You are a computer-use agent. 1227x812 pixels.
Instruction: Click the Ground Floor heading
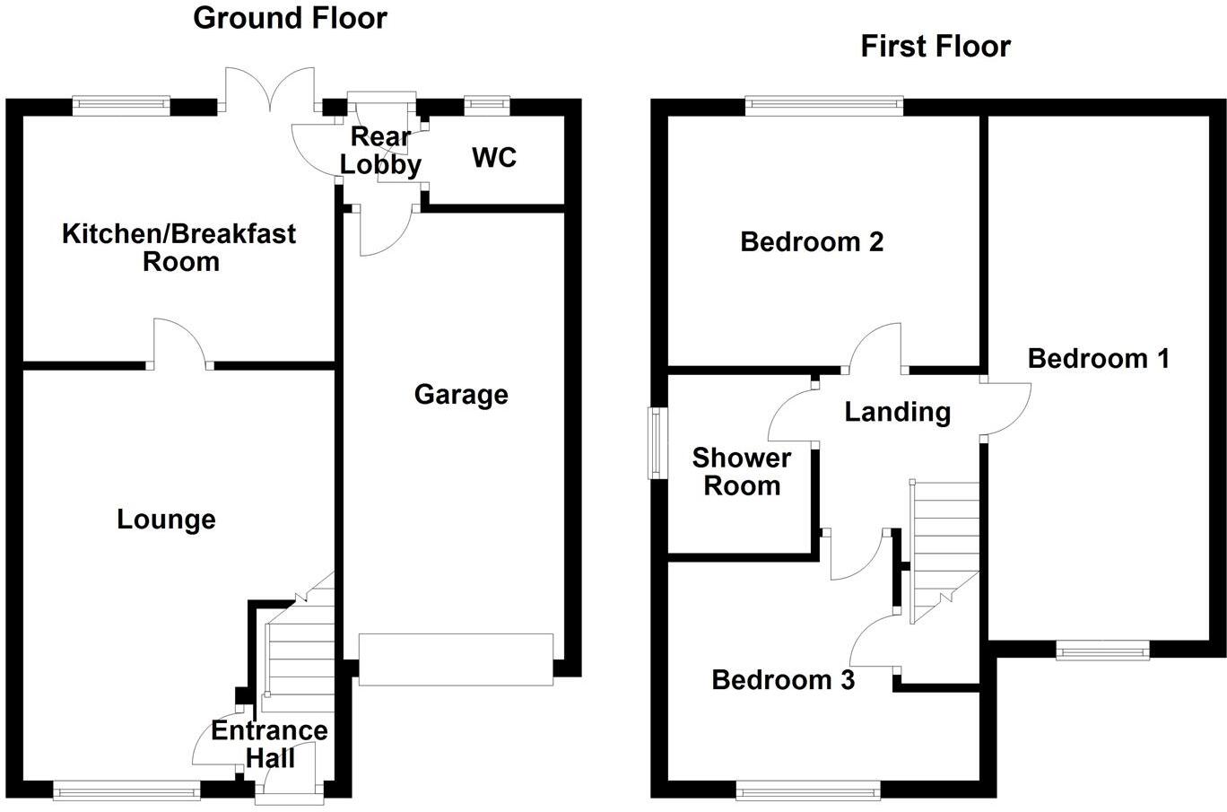tap(290, 18)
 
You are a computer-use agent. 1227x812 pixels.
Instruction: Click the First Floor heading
tap(935, 46)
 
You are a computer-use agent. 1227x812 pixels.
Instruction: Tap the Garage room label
tap(461, 395)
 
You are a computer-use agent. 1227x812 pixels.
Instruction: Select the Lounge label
tap(166, 520)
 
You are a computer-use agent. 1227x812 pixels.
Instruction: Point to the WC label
tap(494, 158)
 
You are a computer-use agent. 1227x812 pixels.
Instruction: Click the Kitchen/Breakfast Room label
tap(179, 248)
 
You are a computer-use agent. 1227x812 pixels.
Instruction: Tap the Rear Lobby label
tap(381, 151)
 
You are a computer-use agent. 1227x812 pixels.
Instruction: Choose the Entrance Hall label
tap(269, 744)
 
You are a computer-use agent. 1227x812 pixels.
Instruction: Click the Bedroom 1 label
tap(1098, 359)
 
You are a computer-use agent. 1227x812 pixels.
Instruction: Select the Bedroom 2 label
tap(812, 241)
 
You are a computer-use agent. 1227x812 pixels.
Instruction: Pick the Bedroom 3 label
tap(782, 679)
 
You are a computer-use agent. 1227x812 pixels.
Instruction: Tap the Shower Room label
tap(741, 472)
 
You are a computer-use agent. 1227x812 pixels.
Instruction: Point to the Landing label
tap(897, 412)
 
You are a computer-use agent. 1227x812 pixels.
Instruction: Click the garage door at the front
tap(456, 659)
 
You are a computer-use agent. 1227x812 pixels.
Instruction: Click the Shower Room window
tap(657, 442)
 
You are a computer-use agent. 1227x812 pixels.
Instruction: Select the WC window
tap(486, 106)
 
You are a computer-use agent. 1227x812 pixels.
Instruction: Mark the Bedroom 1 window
tap(1102, 650)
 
